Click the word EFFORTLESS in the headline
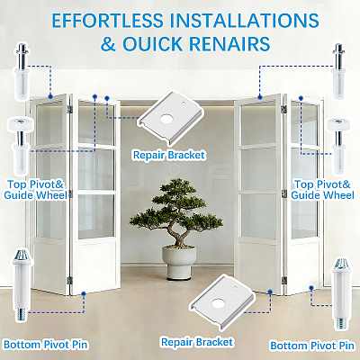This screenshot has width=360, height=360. [x=108, y=21]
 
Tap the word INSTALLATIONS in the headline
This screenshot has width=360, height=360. [x=244, y=21]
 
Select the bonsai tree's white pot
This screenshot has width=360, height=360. [x=179, y=262]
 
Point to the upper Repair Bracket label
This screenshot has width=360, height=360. [x=169, y=155]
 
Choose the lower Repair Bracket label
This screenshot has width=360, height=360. [x=197, y=342]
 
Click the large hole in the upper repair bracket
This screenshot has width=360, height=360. [x=166, y=119]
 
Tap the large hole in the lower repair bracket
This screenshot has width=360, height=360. [x=218, y=303]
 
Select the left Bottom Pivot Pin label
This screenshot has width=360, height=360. [x=46, y=345]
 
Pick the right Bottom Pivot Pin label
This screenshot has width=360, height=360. [x=312, y=346]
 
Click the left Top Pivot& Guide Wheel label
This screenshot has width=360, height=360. [x=35, y=190]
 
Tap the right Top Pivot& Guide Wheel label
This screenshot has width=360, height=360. [x=322, y=190]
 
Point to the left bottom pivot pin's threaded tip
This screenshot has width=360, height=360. [x=21, y=315]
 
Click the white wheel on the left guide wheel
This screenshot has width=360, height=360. [x=21, y=124]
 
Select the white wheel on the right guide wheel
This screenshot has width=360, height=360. [x=338, y=125]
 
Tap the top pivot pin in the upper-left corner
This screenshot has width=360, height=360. [x=22, y=71]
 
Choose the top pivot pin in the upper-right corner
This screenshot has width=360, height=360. [x=339, y=71]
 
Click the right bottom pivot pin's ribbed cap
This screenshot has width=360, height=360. [x=340, y=264]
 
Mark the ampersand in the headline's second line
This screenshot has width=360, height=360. [x=108, y=44]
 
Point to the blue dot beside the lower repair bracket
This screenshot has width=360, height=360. [x=270, y=292]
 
